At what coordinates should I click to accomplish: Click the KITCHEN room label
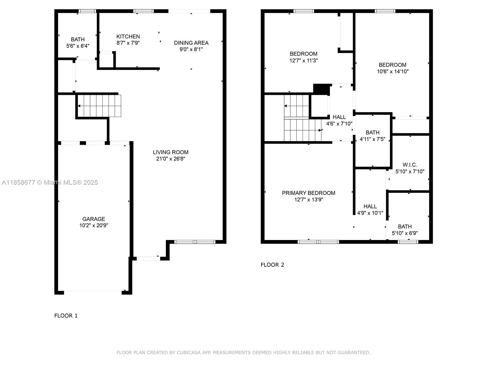128,36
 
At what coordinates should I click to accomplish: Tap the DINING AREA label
191,43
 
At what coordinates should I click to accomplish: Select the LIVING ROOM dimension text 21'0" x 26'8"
170,159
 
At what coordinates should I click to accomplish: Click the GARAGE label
93,219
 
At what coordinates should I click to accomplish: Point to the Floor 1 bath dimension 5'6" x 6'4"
78,46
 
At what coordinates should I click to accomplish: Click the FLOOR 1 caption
66,316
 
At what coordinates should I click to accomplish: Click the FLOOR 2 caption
272,265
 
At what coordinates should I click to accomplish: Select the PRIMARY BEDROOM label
308,193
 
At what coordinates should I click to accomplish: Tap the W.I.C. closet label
410,165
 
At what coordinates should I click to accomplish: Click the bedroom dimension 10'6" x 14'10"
392,72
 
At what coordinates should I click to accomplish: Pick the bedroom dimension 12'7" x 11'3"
303,61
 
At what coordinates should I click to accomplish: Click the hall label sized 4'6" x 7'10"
339,117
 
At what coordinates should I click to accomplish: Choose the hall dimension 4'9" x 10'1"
370,213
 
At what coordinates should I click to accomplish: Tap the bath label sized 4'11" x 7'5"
372,133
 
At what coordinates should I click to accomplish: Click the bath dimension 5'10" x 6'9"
405,233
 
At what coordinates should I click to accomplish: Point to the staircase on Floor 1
99,106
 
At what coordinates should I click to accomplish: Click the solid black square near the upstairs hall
321,89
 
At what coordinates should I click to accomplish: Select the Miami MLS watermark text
50,182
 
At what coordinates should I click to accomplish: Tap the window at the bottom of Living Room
195,242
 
